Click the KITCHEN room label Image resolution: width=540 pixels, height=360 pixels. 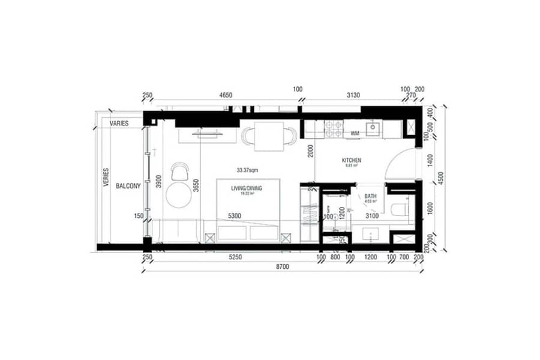coord(351,160)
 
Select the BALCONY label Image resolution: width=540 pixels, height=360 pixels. coord(129,186)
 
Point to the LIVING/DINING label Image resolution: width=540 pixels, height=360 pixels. coord(247,188)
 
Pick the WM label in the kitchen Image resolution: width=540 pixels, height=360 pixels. coord(355,133)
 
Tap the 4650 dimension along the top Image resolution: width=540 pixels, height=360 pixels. coord(226,95)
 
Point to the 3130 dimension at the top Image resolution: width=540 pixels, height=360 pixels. coord(351,95)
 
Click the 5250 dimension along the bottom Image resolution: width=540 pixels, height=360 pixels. coord(235,257)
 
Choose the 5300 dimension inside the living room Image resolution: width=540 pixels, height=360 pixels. coord(235,216)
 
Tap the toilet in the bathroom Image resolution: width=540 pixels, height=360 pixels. coord(399,209)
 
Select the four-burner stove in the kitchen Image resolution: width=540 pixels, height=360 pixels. coord(334,128)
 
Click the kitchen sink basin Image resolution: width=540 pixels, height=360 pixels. coord(373,127)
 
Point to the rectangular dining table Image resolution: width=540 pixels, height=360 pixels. coord(268,136)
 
